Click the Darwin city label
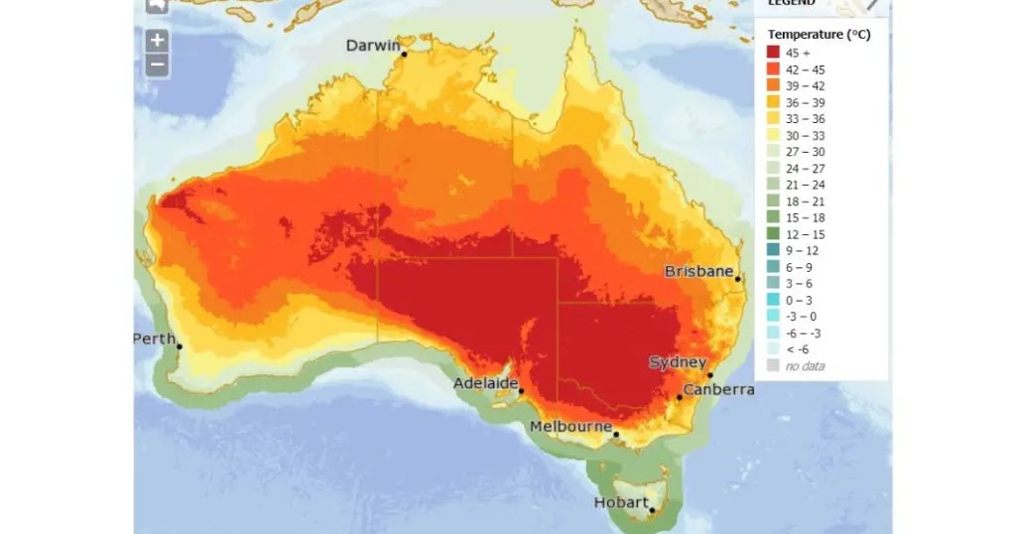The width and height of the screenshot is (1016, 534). click(372, 46)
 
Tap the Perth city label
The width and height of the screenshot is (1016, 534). click(153, 338)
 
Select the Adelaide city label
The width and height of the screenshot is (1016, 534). click(486, 383)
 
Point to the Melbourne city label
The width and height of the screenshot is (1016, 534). click(570, 427)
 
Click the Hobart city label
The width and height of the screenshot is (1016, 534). click(621, 502)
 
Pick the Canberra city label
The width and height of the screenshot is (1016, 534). click(718, 390)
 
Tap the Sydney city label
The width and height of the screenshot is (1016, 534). click(678, 362)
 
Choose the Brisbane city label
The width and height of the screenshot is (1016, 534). click(698, 271)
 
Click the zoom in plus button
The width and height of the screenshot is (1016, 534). click(157, 41)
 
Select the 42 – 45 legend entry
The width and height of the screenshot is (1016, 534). click(805, 69)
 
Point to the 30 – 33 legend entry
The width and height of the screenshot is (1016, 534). click(805, 135)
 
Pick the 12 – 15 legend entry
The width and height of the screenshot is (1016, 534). click(805, 234)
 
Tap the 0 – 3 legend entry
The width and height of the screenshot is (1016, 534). click(799, 300)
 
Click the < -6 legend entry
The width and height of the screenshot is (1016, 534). click(797, 349)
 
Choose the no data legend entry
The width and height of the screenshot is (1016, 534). click(805, 366)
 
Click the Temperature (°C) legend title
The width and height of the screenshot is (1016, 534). click(819, 35)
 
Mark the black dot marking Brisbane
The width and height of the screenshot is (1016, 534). click(739, 279)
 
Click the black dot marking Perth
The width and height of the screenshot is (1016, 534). click(180, 345)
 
